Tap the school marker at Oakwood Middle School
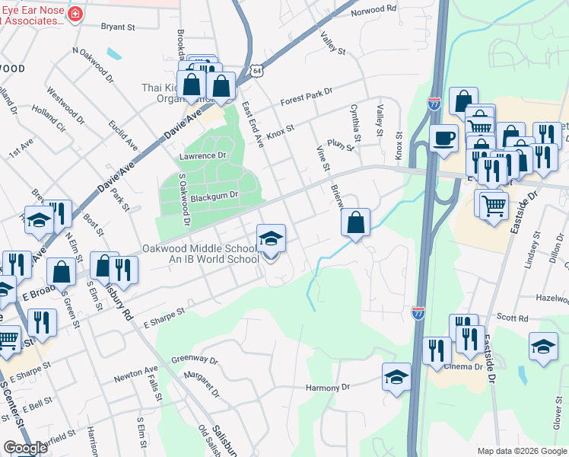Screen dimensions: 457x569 tap(271, 239)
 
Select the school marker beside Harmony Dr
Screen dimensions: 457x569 tap(396, 377)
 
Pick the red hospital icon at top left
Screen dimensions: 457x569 tap(75, 14)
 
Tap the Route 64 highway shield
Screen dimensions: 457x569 tap(259, 70)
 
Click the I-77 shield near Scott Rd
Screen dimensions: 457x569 tap(418, 312)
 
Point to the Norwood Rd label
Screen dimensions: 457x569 tap(374, 10)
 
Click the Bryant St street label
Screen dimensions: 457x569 tap(118, 26)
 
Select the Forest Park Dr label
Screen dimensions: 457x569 tap(307, 92)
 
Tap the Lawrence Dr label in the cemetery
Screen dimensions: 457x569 tap(202, 155)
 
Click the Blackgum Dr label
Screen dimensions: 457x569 tap(215, 195)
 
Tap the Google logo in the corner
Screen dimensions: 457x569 tap(25, 448)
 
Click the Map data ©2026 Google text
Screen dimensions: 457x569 tap(521, 451)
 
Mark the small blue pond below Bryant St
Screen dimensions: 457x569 tap(114, 54)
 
